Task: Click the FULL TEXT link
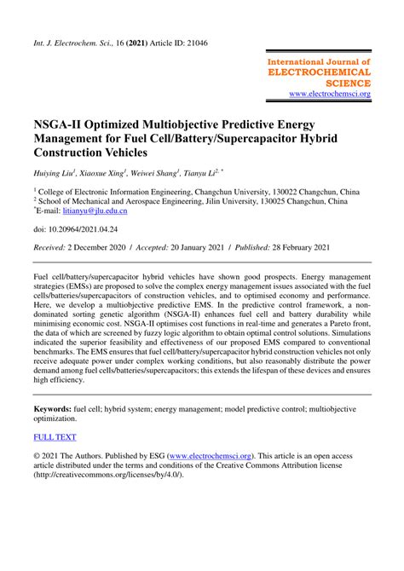tap(55, 437)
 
